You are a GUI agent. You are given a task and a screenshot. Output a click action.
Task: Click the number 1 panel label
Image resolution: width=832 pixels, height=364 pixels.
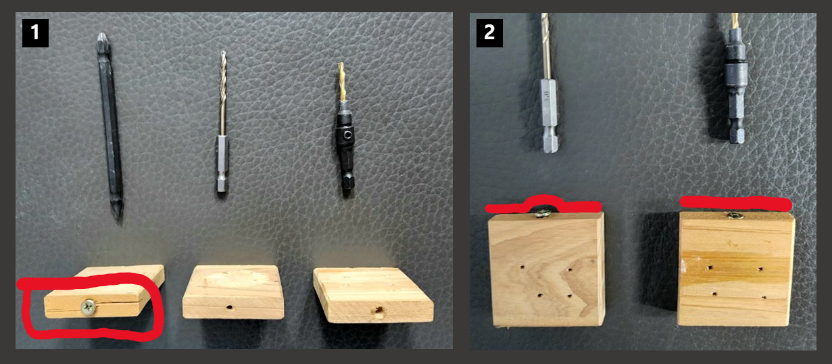(35, 32)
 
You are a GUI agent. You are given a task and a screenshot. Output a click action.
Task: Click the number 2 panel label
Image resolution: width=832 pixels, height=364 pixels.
(489, 32)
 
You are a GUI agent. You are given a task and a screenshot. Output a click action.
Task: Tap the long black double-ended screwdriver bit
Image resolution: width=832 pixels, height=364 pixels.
(110, 127)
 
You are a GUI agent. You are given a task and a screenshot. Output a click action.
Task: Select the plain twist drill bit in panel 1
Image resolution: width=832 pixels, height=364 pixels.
(222, 122)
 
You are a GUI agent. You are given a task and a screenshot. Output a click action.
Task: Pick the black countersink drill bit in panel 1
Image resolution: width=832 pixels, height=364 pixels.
(344, 129)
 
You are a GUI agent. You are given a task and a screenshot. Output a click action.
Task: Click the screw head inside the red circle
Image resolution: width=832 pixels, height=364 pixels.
(89, 307)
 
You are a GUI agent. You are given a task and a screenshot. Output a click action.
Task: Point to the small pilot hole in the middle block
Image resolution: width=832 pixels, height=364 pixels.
(230, 308)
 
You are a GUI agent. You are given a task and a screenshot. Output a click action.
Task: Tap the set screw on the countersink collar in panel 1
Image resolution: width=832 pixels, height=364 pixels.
(347, 135)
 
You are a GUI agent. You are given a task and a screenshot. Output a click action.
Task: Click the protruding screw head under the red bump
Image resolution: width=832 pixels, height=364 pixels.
(543, 213)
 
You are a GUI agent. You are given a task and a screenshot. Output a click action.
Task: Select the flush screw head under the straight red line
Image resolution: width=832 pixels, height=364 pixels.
(734, 215)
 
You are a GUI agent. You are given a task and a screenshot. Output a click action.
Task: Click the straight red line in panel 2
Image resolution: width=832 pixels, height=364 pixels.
(736, 203)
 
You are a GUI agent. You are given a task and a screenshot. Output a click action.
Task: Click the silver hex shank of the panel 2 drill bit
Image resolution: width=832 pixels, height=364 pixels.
(548, 115)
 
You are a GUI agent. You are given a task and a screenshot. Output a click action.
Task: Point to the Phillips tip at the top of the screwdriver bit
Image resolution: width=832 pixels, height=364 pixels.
(103, 40)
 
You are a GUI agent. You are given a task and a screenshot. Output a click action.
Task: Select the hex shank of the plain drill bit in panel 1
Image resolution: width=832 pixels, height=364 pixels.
(222, 164)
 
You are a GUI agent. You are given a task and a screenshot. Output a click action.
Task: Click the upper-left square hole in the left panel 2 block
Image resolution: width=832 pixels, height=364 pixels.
(522, 267)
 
